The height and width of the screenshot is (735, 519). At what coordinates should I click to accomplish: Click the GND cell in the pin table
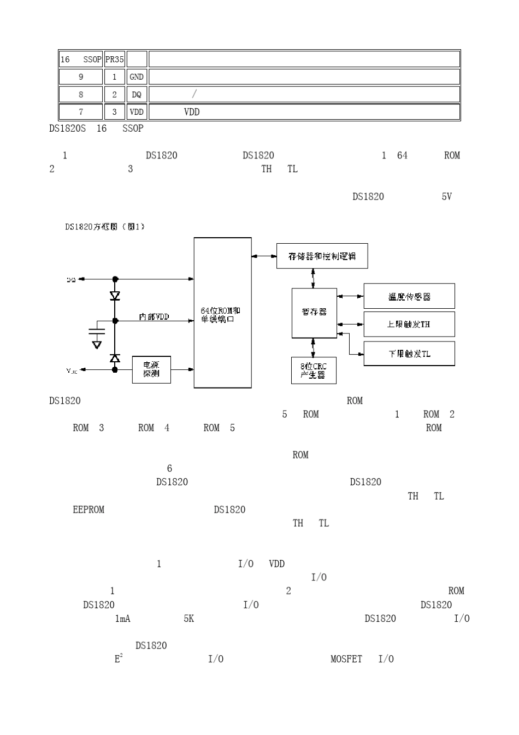click(137, 77)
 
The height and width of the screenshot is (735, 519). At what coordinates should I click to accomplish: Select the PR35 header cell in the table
click(114, 60)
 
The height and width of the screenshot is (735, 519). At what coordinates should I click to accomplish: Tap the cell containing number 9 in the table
click(81, 77)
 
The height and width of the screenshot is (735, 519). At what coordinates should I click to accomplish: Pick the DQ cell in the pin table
click(137, 95)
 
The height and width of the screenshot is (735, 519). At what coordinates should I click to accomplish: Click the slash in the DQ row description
click(195, 94)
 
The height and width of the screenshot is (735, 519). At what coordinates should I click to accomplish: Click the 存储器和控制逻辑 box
click(322, 256)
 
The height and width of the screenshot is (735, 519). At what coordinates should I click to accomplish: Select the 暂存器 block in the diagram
click(314, 313)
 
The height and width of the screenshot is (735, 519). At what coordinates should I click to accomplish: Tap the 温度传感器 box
click(409, 296)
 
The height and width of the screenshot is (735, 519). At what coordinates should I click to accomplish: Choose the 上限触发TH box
click(409, 324)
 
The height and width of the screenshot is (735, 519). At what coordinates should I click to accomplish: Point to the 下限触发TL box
click(409, 354)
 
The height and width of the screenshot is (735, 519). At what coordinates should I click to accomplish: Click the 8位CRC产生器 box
click(314, 371)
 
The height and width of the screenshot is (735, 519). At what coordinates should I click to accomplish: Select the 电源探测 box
click(151, 369)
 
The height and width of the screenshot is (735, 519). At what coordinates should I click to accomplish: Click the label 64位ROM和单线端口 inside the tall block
click(221, 315)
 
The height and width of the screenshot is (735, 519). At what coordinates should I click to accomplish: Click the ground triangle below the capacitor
click(97, 345)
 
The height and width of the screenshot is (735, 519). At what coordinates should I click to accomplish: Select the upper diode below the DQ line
click(115, 296)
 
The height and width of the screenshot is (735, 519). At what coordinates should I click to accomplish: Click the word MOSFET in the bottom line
click(346, 659)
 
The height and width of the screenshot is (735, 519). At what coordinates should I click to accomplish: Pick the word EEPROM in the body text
click(89, 510)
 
